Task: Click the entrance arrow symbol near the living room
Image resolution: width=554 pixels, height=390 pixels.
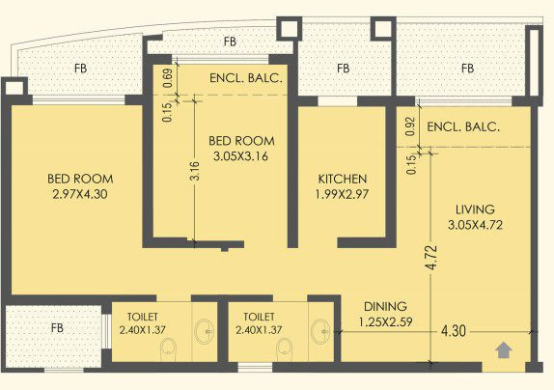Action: tap(504, 350)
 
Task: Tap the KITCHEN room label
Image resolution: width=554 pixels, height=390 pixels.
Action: tap(343, 179)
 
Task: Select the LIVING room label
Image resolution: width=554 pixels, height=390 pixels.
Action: tap(475, 209)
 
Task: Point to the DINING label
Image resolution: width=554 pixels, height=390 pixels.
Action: tap(385, 306)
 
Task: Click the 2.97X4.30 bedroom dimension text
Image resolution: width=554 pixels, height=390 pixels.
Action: tap(80, 194)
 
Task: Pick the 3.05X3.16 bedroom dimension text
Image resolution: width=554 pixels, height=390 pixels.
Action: tap(241, 156)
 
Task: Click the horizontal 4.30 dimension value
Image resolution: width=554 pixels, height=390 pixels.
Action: tap(454, 331)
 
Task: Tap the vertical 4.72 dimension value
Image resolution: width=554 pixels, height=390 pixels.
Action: tap(431, 258)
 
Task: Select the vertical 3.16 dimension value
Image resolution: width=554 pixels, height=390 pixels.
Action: tap(195, 171)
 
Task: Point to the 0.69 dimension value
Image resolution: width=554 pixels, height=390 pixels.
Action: tap(168, 78)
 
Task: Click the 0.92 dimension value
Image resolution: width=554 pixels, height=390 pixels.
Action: tap(410, 126)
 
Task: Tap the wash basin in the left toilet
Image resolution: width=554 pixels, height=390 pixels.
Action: tap(204, 331)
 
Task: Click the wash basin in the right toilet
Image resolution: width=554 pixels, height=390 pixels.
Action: tap(320, 331)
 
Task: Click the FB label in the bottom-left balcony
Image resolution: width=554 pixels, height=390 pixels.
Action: tap(57, 328)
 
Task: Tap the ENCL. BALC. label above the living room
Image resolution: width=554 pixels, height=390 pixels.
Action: tap(463, 126)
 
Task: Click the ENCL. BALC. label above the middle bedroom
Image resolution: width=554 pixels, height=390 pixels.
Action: tap(246, 78)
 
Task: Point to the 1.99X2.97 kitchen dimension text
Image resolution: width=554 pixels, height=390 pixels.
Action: tap(342, 194)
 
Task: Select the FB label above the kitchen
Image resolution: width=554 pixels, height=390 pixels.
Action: tap(343, 69)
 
